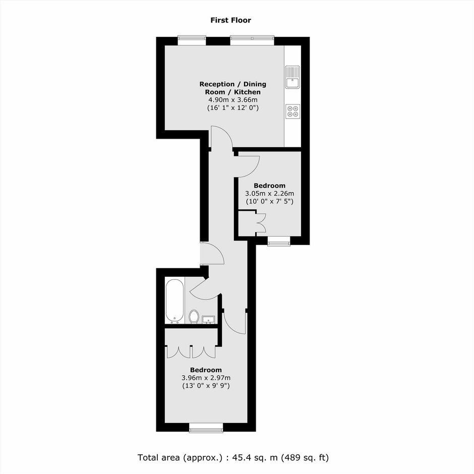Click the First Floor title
click(230, 20)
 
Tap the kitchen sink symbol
click(292, 77)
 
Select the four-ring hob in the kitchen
click(292, 111)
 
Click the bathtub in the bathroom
click(175, 301)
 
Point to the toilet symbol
click(194, 317)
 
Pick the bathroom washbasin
click(208, 320)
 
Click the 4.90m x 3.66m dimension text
click(232, 100)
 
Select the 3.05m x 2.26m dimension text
click(269, 194)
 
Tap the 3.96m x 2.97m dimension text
click(206, 378)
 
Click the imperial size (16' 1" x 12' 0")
click(232, 107)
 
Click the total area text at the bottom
click(233, 457)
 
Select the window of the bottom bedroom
click(206, 428)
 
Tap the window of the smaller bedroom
click(279, 241)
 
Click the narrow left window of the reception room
click(192, 41)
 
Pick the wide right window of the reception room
click(252, 41)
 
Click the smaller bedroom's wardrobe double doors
click(261, 223)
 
